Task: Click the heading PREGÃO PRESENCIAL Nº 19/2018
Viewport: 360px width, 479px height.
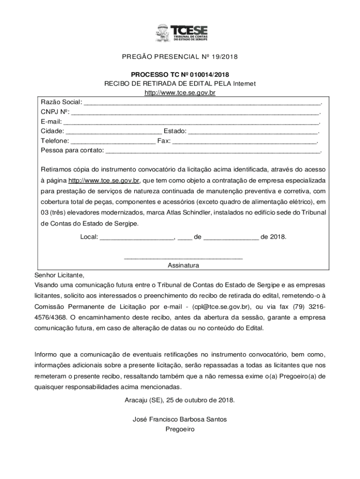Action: [180, 58]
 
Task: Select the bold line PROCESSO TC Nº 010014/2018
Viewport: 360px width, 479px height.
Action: [180, 75]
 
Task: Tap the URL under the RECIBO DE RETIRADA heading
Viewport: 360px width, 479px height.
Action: [180, 93]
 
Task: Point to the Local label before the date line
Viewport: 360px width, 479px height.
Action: [89, 237]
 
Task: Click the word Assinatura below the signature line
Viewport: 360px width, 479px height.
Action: [183, 265]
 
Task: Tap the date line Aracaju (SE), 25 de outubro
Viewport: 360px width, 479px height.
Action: [180, 400]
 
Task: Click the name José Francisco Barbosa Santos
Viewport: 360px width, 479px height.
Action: [180, 420]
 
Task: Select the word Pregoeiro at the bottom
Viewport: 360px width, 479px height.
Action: [180, 429]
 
